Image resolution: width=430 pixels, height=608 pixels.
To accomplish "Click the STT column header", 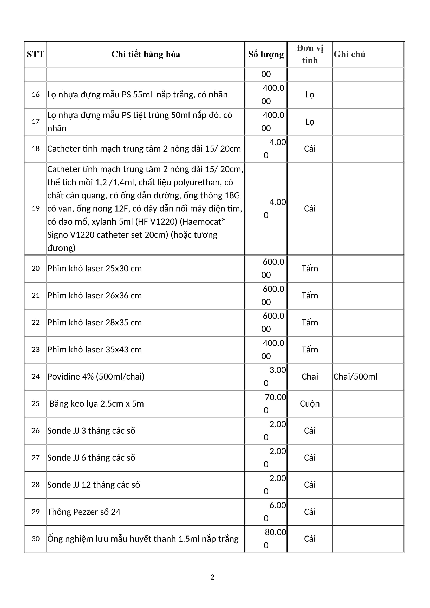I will click(x=35, y=54).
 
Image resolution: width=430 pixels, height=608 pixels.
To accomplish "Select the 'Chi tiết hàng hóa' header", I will click(x=145, y=54).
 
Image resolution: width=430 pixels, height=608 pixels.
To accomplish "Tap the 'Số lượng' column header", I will click(x=266, y=54).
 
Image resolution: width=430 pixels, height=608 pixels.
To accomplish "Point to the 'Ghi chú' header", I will click(x=349, y=54).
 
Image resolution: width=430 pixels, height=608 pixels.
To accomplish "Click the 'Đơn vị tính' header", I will click(x=310, y=54).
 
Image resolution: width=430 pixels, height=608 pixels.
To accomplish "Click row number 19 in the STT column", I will click(x=35, y=208).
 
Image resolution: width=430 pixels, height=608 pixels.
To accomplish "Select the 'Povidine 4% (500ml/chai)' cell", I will click(x=96, y=376).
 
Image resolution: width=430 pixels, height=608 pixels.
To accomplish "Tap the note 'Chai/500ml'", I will click(x=355, y=376).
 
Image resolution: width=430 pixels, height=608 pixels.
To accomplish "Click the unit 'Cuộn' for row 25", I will click(x=310, y=403).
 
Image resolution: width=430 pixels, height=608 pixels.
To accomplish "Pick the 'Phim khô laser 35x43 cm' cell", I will click(x=95, y=349).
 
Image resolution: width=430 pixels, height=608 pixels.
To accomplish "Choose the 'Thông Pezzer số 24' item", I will click(x=84, y=512).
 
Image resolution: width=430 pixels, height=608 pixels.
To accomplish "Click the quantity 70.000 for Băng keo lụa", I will click(x=273, y=403).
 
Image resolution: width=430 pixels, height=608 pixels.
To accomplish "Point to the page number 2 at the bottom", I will click(x=212, y=577).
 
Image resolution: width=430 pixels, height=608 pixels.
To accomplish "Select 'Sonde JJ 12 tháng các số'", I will click(x=94, y=484).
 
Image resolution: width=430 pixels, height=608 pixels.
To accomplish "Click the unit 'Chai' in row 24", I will click(x=310, y=376).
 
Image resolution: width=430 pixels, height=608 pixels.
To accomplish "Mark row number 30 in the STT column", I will click(x=35, y=539).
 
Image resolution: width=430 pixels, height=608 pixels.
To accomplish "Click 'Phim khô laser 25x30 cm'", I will click(x=95, y=268).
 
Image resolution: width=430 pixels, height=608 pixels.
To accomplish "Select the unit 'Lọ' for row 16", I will click(x=310, y=95).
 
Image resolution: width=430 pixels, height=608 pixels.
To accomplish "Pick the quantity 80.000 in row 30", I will click(x=273, y=539).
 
